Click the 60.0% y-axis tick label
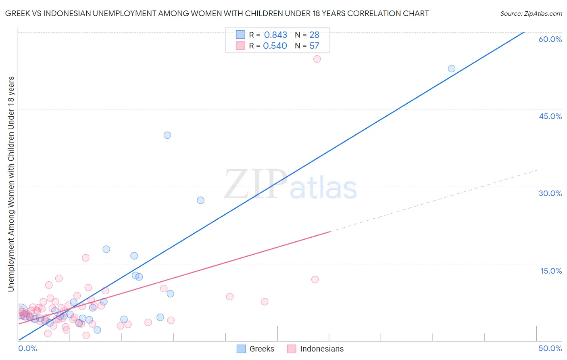550,39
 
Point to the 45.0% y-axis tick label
550,116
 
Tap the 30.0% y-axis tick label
550,193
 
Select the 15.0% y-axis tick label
551,271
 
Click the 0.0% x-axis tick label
27,348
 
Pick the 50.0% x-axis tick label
550,348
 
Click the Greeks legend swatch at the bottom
241,349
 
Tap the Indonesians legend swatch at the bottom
292,349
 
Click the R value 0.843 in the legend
275,35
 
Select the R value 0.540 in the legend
275,46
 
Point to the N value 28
314,35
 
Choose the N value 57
314,46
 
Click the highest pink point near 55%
317,59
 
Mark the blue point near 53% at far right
452,69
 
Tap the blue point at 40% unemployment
167,135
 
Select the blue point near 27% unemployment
200,200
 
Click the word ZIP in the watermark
255,184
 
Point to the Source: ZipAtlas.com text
531,14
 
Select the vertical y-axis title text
11,184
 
